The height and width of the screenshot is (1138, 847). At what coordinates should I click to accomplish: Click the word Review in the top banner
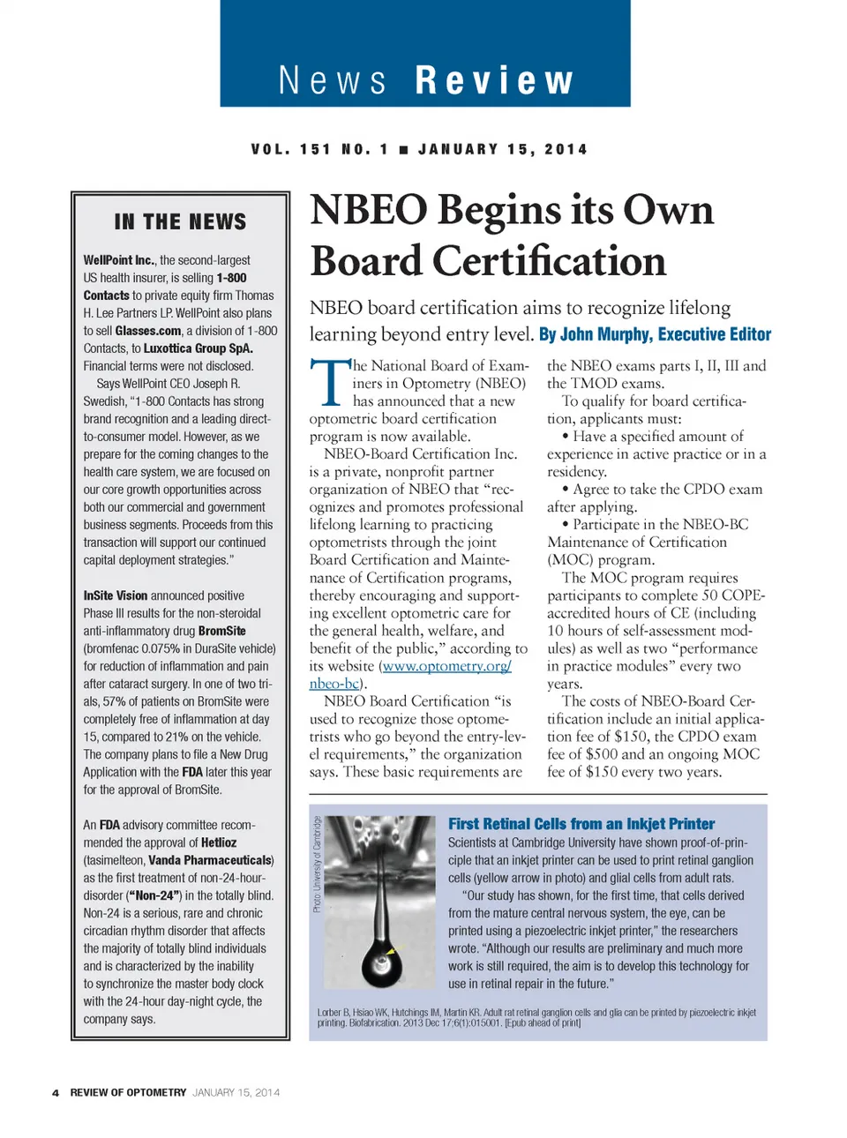click(x=494, y=80)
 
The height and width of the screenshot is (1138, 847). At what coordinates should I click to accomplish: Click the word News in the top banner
click(x=333, y=80)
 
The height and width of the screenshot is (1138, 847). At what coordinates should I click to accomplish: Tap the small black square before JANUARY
click(x=403, y=150)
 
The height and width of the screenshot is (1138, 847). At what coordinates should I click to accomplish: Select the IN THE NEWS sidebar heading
click(x=180, y=221)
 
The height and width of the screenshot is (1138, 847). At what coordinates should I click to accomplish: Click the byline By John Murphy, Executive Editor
click(x=655, y=334)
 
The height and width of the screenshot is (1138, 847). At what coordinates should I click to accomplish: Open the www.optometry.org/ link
click(x=446, y=666)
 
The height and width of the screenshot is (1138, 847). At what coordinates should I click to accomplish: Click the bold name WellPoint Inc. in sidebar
click(x=119, y=260)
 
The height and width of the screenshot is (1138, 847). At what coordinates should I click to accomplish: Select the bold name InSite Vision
click(x=116, y=595)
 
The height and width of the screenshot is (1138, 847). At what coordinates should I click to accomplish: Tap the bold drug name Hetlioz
click(x=219, y=842)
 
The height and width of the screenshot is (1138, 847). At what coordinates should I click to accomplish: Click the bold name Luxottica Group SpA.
click(x=199, y=348)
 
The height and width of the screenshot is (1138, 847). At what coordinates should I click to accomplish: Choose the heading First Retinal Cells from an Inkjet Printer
click(x=581, y=824)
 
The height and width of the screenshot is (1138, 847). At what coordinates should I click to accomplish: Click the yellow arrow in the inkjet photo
click(x=393, y=951)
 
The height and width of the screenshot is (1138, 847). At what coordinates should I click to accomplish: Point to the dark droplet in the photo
click(x=382, y=962)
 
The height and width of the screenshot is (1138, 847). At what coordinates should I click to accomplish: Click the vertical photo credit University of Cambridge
click(x=318, y=864)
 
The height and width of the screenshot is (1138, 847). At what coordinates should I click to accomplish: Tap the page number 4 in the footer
click(x=56, y=1093)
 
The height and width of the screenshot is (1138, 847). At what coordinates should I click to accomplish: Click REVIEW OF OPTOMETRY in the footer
click(x=128, y=1093)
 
